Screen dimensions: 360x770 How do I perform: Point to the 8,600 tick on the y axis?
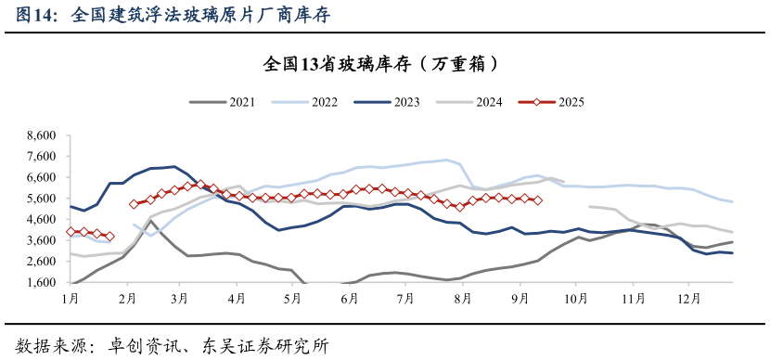(x=41, y=135)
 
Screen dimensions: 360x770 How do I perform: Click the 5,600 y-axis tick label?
(x=41, y=199)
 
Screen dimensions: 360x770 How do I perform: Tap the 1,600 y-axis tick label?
(x=41, y=283)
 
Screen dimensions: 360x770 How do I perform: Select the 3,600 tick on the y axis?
(x=41, y=240)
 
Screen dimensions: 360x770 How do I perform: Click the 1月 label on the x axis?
(x=70, y=299)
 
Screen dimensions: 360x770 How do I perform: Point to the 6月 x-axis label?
(x=350, y=299)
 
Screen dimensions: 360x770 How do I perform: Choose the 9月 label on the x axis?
(x=520, y=299)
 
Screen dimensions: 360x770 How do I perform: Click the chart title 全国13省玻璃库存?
(x=384, y=64)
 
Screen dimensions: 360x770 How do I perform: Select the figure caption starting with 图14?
(x=172, y=15)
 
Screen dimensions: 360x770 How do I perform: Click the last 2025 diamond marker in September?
(x=538, y=200)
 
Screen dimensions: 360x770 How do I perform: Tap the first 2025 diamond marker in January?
(x=71, y=231)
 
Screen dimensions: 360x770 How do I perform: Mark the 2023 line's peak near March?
(x=175, y=167)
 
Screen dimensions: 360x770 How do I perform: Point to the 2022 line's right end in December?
(x=733, y=201)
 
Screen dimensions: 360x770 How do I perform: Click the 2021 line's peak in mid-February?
(x=151, y=221)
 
